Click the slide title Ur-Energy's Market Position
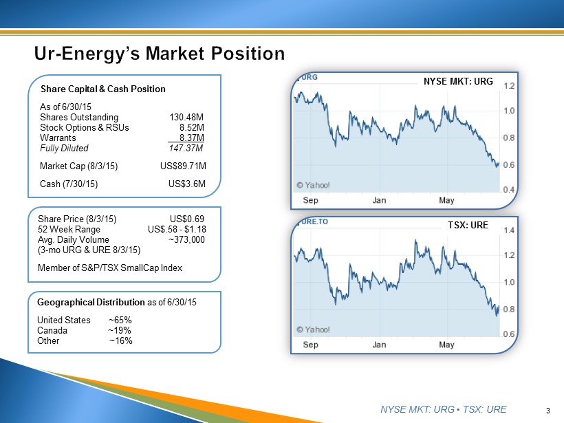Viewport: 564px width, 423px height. click(160, 54)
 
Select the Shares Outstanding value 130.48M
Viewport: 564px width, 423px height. click(186, 117)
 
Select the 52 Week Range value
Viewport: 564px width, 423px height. click(177, 230)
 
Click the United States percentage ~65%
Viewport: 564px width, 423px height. click(120, 321)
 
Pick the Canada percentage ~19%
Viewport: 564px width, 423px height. click(120, 330)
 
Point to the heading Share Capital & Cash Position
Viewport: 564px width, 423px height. click(103, 89)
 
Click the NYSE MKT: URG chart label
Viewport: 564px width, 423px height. click(458, 81)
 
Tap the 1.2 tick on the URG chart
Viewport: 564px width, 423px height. click(510, 87)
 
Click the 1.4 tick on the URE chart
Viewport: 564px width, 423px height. click(510, 231)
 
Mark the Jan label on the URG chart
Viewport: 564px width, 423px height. click(379, 200)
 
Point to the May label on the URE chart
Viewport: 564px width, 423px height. click(446, 344)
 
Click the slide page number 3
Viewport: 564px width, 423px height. click(547, 411)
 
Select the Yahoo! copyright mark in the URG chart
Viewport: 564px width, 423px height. click(313, 184)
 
